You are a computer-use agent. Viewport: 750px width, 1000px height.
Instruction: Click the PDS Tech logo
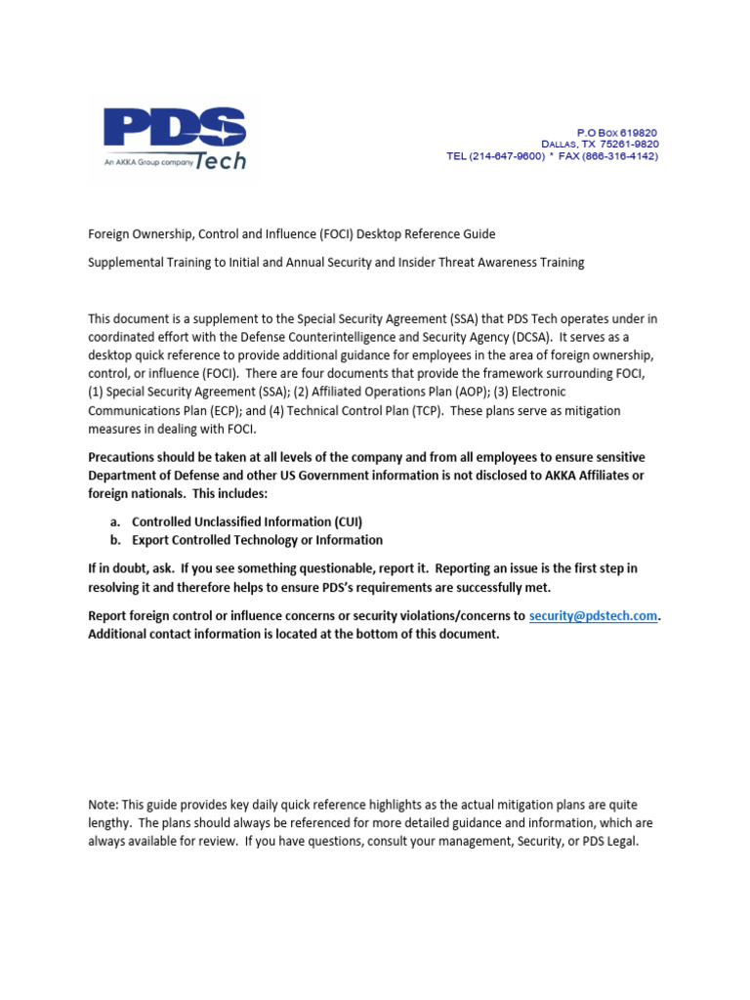176,138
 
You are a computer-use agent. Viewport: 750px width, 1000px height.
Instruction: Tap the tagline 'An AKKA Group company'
143,163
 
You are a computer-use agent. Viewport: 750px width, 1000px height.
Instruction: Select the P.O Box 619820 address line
616,131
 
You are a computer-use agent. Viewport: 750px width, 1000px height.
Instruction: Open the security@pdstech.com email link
593,616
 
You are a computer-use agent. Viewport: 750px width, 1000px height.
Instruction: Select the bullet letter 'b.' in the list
115,540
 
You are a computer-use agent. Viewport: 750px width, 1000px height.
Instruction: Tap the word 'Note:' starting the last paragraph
104,805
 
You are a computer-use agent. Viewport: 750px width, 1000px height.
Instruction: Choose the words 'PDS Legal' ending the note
607,841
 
